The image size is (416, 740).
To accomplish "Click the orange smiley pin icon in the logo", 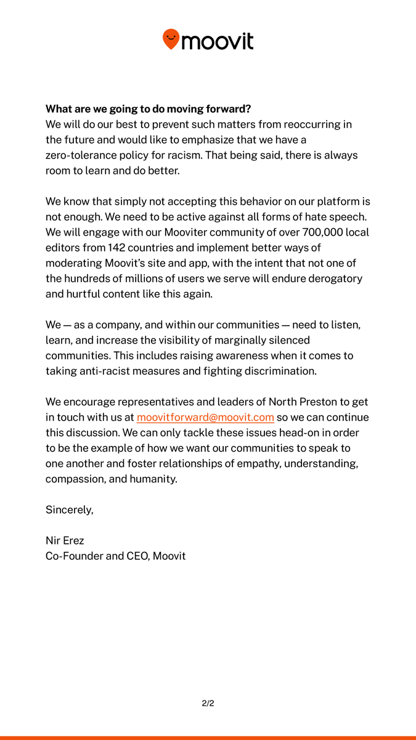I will tap(171, 39).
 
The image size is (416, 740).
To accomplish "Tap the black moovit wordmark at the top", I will tap(218, 41).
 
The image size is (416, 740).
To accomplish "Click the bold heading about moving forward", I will tap(148, 109).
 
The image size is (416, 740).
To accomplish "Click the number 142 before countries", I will tap(117, 248).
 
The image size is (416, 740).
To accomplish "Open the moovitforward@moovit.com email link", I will tap(205, 417).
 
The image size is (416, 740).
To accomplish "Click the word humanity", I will tap(153, 479).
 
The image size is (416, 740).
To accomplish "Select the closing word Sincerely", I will tap(70, 510).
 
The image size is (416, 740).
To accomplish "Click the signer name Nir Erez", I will tap(65, 541).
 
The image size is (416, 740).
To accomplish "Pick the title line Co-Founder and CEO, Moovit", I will tap(115, 556).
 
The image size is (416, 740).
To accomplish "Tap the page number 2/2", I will tap(208, 703).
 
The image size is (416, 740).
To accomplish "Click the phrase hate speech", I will tap(342, 217).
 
